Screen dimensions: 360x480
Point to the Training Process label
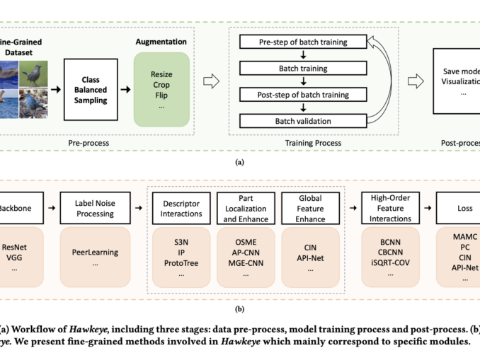[x=312, y=143]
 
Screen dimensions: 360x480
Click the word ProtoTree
[x=180, y=263]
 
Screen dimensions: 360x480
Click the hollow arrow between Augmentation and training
[x=210, y=81]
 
